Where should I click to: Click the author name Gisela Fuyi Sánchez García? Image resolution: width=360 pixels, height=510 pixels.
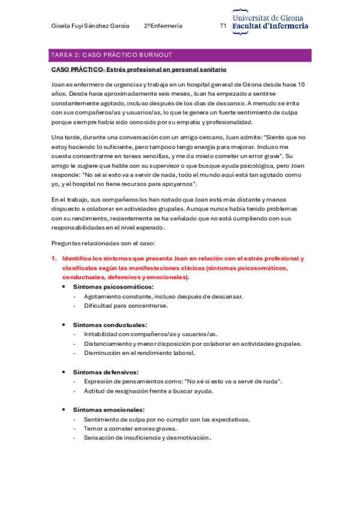[91, 26]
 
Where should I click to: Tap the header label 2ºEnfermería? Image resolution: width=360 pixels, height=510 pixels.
[163, 26]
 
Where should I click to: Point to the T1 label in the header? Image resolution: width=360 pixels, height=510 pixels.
[223, 26]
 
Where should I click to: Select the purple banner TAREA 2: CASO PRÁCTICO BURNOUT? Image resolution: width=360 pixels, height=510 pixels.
[180, 55]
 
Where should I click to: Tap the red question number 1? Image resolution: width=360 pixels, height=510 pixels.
[54, 258]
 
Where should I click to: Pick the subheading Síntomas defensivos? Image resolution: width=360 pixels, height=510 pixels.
[105, 372]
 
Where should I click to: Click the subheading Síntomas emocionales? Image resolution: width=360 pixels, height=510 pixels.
[108, 410]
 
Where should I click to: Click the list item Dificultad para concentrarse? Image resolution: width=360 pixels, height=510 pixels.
[126, 306]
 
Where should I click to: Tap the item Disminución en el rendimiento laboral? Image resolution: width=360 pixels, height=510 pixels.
[139, 353]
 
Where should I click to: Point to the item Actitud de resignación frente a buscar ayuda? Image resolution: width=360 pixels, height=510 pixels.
[148, 391]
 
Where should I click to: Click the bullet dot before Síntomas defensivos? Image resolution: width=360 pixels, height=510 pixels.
[64, 372]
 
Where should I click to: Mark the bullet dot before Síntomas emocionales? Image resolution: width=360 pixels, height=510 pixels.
[64, 410]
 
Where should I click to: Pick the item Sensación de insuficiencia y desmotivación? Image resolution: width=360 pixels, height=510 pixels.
[147, 438]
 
